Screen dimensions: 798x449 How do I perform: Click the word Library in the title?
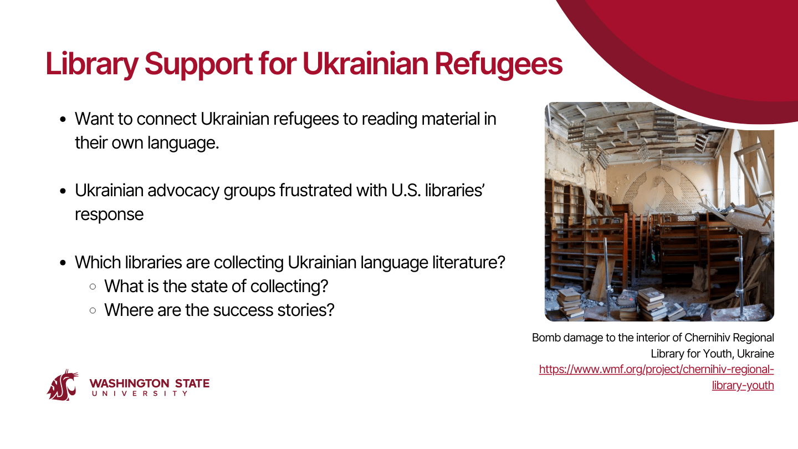(92, 64)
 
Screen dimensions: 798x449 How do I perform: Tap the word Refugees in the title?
(498, 64)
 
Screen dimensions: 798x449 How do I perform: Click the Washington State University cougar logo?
(63, 385)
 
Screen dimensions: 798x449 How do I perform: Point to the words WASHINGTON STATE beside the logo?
(150, 384)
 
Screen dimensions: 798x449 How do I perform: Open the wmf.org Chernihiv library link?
(657, 377)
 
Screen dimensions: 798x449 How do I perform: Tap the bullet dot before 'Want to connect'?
(63, 119)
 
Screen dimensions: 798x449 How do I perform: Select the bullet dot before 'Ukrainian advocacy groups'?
(63, 191)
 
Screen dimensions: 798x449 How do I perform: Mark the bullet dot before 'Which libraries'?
(63, 263)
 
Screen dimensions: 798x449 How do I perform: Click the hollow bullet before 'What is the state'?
(93, 287)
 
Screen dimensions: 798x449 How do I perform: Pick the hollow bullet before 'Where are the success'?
(93, 310)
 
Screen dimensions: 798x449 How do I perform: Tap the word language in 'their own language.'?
(183, 143)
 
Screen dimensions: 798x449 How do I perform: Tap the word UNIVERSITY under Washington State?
(140, 394)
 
